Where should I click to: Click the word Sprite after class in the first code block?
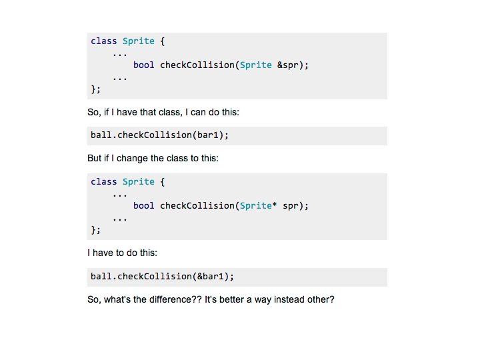click(138, 41)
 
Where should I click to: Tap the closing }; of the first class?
click(95, 89)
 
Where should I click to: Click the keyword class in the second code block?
click(103, 182)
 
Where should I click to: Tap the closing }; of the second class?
click(95, 230)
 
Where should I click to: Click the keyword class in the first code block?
click(103, 41)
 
